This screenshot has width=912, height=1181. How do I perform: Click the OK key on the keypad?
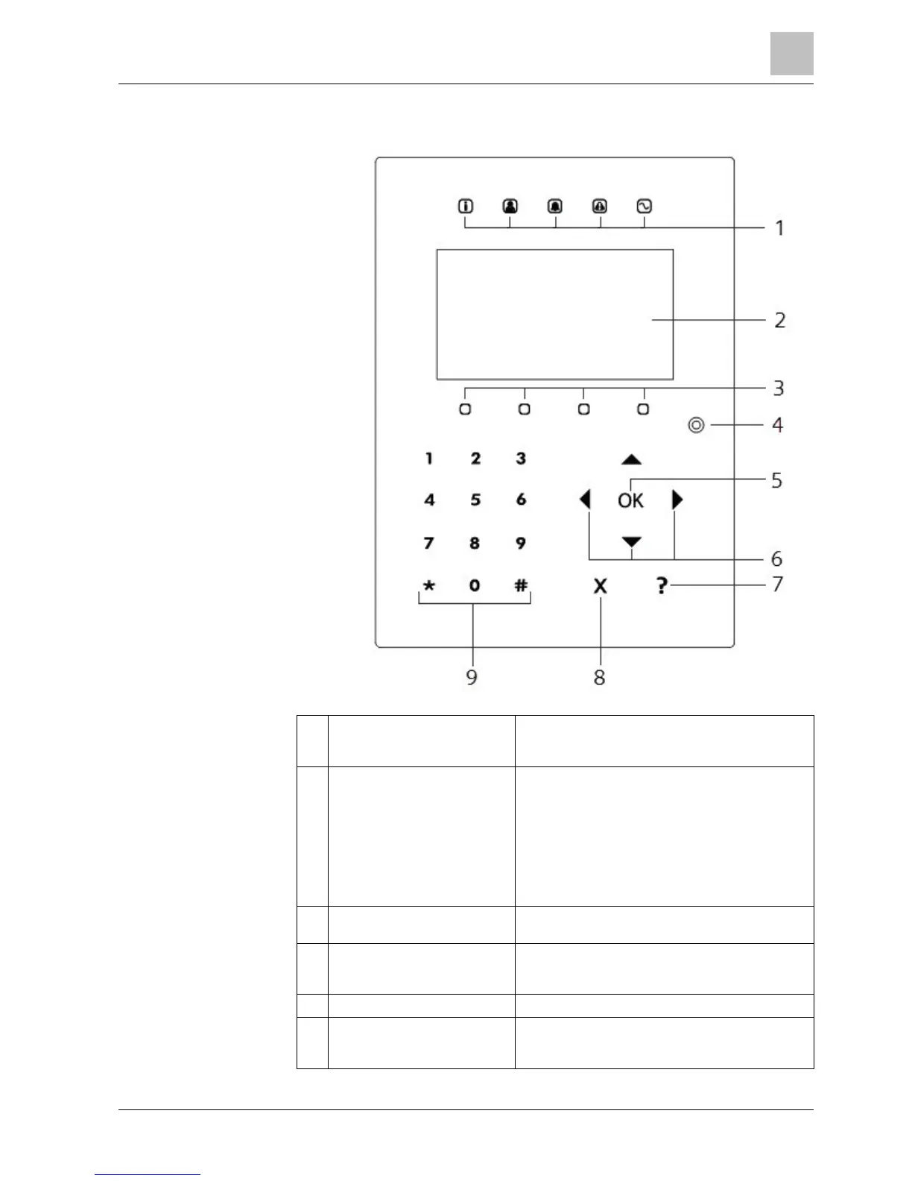630,500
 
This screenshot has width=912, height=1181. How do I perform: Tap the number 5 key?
475,500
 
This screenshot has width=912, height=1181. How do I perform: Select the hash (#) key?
521,586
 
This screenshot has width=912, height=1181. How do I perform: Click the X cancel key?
600,587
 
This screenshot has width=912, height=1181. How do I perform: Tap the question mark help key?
662,587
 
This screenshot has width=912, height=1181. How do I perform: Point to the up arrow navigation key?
632,459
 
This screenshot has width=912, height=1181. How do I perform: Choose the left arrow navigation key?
586,499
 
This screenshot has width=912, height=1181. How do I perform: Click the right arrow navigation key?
677,499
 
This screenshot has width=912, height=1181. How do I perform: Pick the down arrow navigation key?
632,541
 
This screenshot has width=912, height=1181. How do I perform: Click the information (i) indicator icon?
466,206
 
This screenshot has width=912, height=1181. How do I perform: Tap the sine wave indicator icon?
645,206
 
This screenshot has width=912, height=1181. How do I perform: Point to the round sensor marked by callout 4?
696,426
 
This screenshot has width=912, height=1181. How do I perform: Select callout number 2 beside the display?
779,321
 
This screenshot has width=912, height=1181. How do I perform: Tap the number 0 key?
475,586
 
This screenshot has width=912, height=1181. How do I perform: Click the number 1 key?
429,459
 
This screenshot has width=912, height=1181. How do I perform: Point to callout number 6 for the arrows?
776,558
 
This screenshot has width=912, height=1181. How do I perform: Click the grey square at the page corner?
791,54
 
